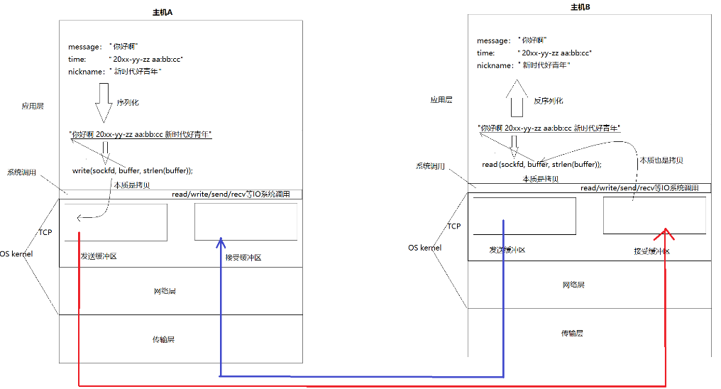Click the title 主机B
[x=580, y=7]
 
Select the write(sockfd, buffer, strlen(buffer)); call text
[x=133, y=170]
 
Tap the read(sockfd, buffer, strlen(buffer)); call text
[x=541, y=164]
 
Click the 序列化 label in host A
[x=127, y=102]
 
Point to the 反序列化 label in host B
[x=548, y=101]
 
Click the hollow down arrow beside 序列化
[x=104, y=102]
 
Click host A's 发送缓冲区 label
[x=99, y=256]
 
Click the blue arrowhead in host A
[x=221, y=242]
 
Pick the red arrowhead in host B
[x=666, y=235]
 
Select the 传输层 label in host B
[x=572, y=333]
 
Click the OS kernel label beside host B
[x=424, y=248]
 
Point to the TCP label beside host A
[x=45, y=232]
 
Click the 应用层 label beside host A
[x=33, y=106]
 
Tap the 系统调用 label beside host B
[x=430, y=166]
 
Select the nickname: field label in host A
[x=87, y=72]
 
